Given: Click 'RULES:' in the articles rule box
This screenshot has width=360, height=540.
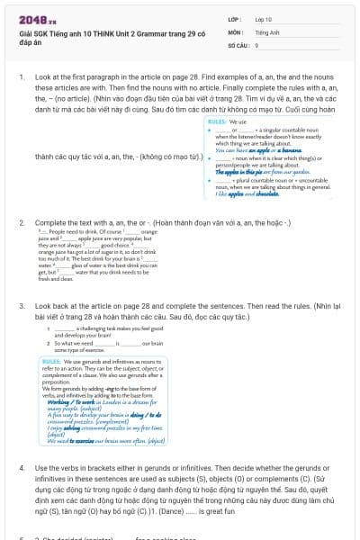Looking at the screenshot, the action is [218, 120].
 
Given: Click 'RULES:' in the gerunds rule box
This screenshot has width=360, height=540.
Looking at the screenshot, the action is [51, 360].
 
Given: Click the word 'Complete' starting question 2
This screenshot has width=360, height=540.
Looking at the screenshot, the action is [49, 221].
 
